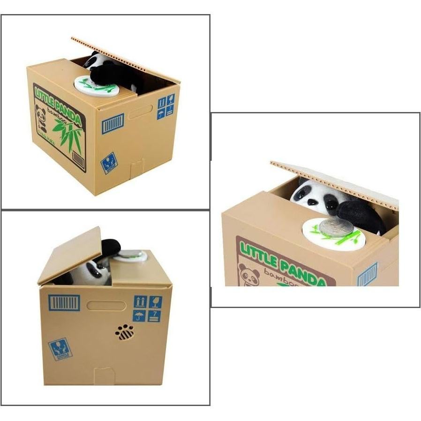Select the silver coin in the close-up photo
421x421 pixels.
(x=336, y=227)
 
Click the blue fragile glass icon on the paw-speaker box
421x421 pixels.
(x=155, y=301)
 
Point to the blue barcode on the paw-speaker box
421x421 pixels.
(x=64, y=302)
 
